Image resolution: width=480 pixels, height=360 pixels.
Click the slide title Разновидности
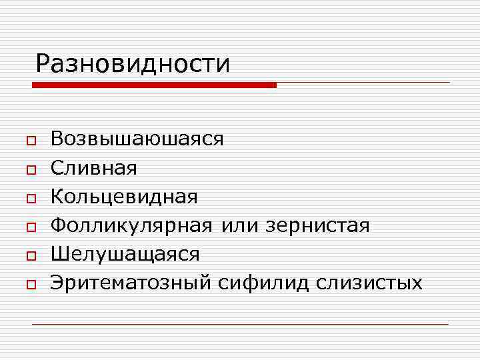[x=133, y=64]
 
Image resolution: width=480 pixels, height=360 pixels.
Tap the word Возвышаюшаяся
[x=137, y=139]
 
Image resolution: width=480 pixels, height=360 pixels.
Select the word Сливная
[x=93, y=168]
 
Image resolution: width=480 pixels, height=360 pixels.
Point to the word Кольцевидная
[x=124, y=197]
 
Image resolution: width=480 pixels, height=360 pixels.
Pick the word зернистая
[x=317, y=226]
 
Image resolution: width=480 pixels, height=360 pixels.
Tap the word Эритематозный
[x=131, y=283]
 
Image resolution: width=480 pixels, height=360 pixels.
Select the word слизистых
[x=369, y=283]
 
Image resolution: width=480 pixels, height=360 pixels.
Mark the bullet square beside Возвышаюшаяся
[x=31, y=141]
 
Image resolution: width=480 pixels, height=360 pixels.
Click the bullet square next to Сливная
[x=31, y=170]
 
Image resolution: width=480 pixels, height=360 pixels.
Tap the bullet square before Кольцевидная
[x=31, y=199]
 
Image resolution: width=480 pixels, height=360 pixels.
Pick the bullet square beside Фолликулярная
[x=31, y=227]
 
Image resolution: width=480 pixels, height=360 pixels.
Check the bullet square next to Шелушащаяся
[x=31, y=256]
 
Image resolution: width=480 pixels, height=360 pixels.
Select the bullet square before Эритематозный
[x=31, y=285]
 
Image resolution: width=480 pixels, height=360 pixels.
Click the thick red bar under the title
[x=154, y=85]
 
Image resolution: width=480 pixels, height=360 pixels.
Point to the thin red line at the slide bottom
[x=240, y=324]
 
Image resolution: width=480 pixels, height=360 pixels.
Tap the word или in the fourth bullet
[x=240, y=226]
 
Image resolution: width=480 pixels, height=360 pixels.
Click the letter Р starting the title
[x=44, y=65]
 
